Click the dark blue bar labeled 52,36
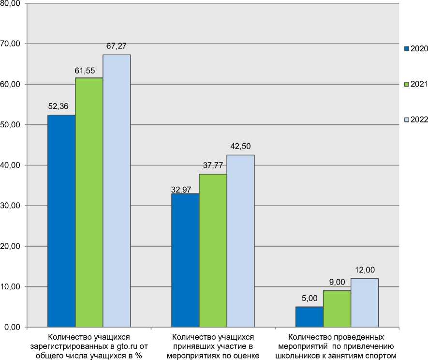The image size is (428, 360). click(x=61, y=221)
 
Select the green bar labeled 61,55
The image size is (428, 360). click(x=89, y=202)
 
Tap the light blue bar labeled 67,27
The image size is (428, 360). click(x=117, y=191)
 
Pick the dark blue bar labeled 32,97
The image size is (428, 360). click(x=185, y=260)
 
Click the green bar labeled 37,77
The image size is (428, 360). click(x=213, y=251)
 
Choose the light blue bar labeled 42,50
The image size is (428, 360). click(x=240, y=241)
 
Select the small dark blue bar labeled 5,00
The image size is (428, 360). click(x=309, y=317)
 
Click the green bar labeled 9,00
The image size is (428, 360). click(x=337, y=309)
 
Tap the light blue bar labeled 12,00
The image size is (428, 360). click(x=364, y=303)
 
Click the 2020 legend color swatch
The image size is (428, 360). click(x=406, y=48)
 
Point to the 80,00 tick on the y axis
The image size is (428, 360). click(x=11, y=3)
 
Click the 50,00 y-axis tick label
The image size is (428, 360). click(x=11, y=125)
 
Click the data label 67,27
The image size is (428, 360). click(x=117, y=46)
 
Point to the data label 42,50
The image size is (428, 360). click(x=240, y=146)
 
